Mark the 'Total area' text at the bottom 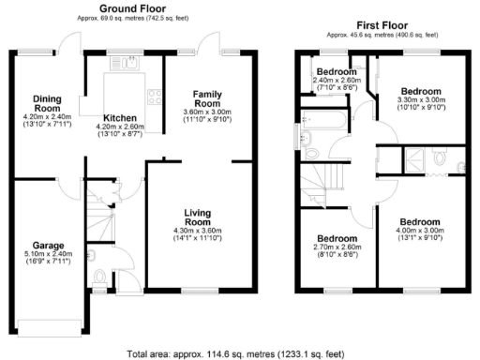239,350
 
